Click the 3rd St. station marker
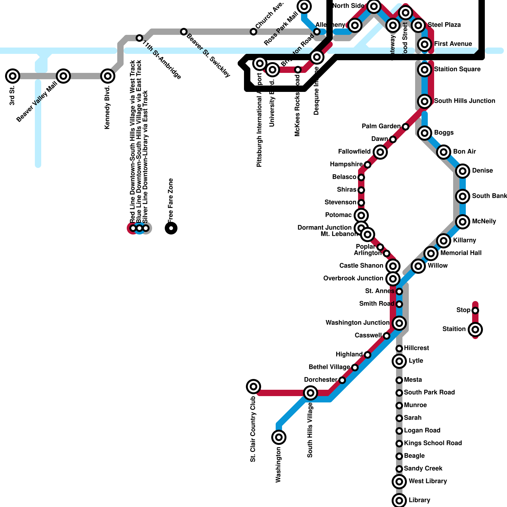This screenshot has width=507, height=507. point(13,76)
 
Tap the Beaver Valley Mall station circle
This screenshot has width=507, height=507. point(63,76)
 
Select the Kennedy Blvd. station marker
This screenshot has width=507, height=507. point(108,76)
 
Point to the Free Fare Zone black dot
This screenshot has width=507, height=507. point(171,228)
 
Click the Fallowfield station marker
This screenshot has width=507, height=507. point(380,152)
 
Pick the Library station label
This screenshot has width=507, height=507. point(419,500)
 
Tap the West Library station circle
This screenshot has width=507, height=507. point(399,482)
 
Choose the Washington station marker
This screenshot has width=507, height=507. point(279,437)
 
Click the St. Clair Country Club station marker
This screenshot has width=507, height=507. point(253,387)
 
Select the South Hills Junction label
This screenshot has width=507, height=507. point(464,101)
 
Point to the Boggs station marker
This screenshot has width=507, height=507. point(425,133)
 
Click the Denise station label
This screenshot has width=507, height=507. point(482,170)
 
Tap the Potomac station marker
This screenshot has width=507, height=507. point(361,215)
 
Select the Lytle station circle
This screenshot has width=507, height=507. point(399,361)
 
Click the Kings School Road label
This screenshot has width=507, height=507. point(433,443)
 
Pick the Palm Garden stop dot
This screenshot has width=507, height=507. point(406,127)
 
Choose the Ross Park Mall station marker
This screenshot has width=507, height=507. point(304,6)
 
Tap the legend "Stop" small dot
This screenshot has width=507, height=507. point(475,311)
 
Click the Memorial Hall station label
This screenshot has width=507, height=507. point(461,253)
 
